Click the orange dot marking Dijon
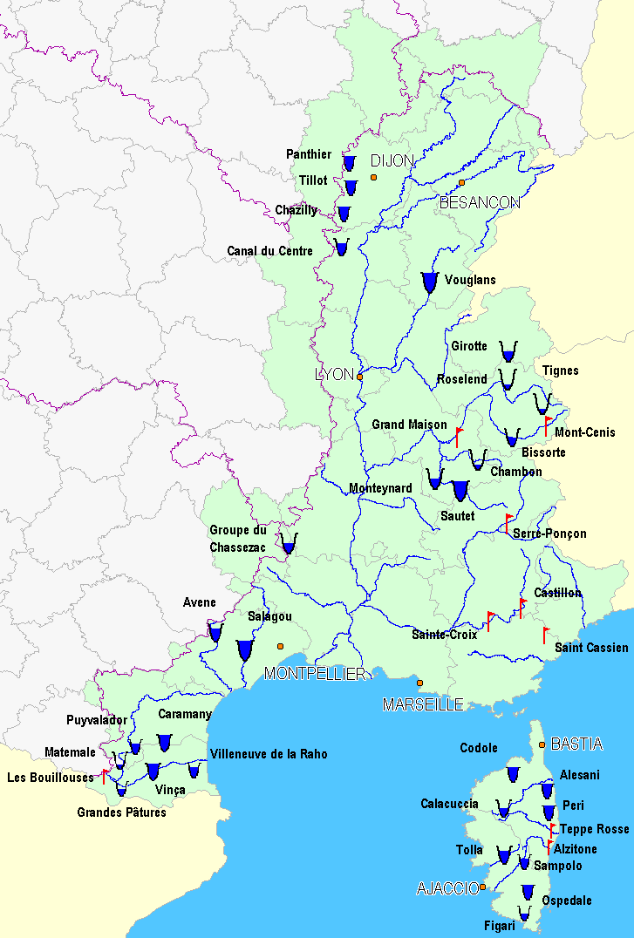tap(373, 177)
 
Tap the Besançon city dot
tap(461, 183)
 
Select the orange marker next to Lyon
tap(359, 377)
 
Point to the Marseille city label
tap(423, 704)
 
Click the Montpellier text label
tap(315, 674)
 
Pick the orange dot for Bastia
tap(542, 744)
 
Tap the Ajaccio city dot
tap(482, 887)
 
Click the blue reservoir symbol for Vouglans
tap(429, 282)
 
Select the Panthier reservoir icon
tap(349, 162)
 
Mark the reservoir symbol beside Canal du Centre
tap(341, 248)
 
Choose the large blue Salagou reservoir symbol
tap(244, 650)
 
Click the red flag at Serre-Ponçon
tap(508, 522)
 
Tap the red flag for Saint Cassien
tap(546, 634)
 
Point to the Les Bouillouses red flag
tap(106, 776)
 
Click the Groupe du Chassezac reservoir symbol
tap(289, 546)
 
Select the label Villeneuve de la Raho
tap(269, 754)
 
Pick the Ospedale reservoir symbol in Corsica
tap(527, 892)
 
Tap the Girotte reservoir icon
tap(508, 352)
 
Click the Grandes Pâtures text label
tap(121, 812)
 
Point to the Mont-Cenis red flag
tap(548, 425)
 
